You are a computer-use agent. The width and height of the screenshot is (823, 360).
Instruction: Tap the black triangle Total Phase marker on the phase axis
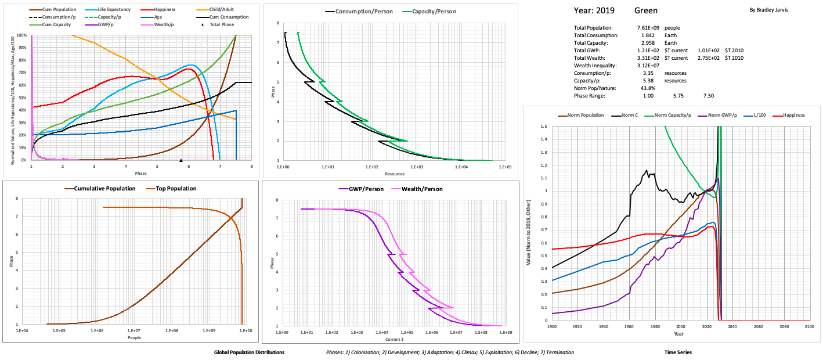pos(181,160)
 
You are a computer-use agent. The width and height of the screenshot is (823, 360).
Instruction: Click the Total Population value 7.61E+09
pos(649,28)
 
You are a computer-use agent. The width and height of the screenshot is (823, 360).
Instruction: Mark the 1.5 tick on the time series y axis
pos(544,126)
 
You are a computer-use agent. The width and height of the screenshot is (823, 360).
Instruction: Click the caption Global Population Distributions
pos(249,352)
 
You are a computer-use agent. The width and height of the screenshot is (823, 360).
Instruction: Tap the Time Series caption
pos(678,352)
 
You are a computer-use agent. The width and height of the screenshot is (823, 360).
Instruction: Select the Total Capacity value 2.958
pos(648,43)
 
